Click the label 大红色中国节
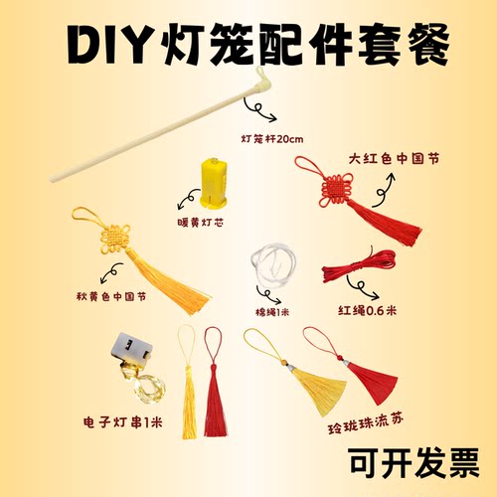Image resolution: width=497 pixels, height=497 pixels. point(392,157)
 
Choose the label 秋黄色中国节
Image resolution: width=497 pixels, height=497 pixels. point(110,295)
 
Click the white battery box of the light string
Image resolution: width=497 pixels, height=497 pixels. point(133,349)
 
